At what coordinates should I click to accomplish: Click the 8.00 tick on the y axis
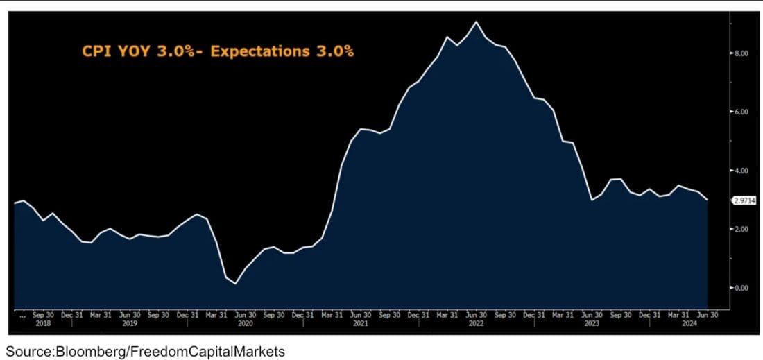(741, 53)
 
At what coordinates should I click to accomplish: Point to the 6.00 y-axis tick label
(741, 112)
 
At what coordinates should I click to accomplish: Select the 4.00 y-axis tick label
(741, 171)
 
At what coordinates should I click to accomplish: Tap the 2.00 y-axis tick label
(741, 229)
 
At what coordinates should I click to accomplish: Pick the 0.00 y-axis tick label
(741, 288)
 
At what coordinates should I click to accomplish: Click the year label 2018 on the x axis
(43, 324)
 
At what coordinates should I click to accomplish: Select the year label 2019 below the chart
(130, 324)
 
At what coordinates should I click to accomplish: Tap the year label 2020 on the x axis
(244, 324)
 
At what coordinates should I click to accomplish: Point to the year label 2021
(360, 324)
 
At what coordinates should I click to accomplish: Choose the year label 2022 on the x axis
(476, 324)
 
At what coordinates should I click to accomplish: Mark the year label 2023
(591, 324)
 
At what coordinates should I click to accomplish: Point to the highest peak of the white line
(475, 22)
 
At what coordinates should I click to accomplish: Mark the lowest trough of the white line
(236, 284)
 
